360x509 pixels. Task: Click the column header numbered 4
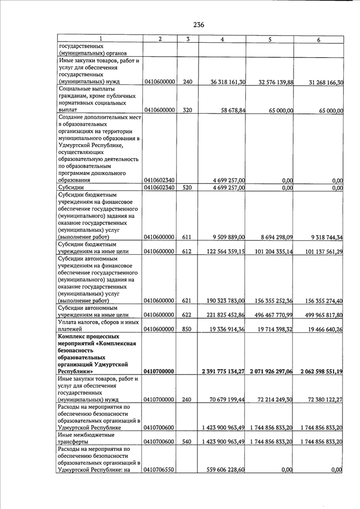coord(223,39)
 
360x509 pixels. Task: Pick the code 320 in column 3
coord(188,111)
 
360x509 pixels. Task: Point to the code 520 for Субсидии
coord(188,188)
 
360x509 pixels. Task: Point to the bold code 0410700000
coord(160,372)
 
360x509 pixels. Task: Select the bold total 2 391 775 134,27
coord(223,372)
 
